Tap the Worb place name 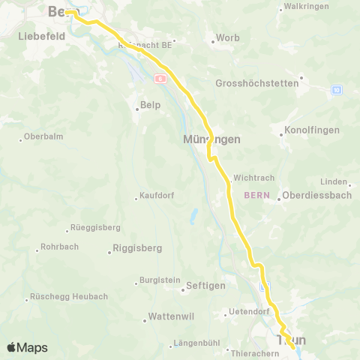click(x=227, y=37)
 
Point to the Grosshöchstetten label click(x=256, y=83)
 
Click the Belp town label click(x=151, y=106)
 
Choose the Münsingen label click(x=211, y=139)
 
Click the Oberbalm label click(x=43, y=136)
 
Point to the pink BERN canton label click(x=256, y=196)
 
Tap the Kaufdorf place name click(x=157, y=197)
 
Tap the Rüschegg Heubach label click(x=69, y=296)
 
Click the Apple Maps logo click(x=27, y=347)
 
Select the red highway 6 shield click(x=160, y=78)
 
